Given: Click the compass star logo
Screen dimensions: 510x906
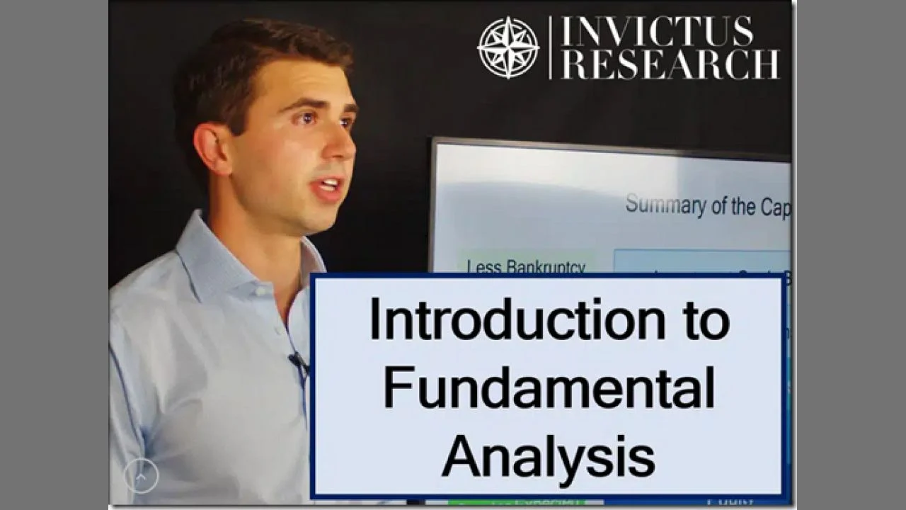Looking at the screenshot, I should [x=508, y=47].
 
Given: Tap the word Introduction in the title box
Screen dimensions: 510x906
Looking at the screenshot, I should [x=517, y=320].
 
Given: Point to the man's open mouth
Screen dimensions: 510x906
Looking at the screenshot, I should [x=330, y=188].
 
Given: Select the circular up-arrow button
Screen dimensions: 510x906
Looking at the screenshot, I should [x=141, y=477].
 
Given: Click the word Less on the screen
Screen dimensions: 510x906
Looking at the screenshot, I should [x=483, y=267].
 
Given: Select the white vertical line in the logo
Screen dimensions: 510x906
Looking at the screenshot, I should [x=550, y=47].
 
